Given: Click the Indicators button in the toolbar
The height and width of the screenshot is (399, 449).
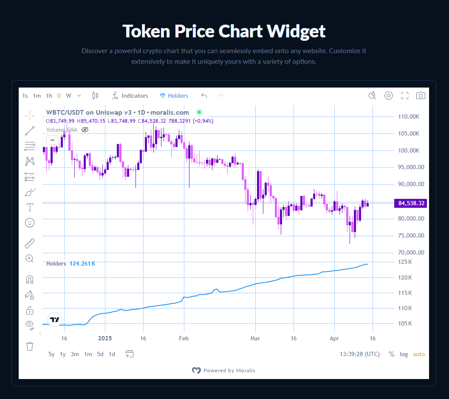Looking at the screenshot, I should [130, 96].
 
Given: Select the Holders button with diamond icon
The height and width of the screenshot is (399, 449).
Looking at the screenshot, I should [174, 96].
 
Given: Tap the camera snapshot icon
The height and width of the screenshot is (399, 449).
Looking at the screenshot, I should [421, 96].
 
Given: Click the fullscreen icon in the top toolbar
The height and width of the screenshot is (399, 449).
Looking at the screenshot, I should [405, 96].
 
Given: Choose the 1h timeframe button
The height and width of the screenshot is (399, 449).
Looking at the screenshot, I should [49, 96].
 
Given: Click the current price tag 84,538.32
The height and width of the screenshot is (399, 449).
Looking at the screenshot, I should [410, 203].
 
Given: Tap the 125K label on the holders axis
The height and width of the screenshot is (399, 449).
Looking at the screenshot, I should [407, 262].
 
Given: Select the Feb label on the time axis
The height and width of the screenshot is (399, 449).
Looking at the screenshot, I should [184, 339].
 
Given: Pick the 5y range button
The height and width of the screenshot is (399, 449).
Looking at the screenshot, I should [51, 354].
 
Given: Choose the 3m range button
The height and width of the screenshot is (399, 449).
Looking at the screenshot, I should [75, 354].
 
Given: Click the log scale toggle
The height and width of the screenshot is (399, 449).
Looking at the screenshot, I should [404, 354].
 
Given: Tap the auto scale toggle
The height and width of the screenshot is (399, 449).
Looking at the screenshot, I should [418, 354].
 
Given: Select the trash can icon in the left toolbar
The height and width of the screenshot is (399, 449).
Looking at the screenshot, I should [30, 346].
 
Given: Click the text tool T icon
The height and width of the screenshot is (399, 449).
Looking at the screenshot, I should [30, 207].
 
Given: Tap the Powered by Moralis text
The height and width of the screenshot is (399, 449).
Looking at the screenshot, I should [229, 371].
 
